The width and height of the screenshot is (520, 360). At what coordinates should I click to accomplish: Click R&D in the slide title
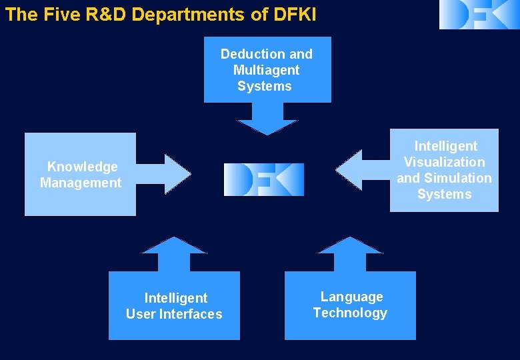click(x=107, y=15)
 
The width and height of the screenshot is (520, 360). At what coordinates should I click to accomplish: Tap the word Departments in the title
click(x=190, y=15)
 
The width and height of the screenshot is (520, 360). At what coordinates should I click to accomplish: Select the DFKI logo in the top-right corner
click(x=479, y=14)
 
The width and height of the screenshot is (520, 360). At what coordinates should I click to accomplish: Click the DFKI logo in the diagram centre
click(x=264, y=179)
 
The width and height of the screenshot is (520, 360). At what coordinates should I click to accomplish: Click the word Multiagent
click(x=267, y=70)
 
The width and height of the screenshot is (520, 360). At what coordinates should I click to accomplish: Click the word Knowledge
click(x=82, y=167)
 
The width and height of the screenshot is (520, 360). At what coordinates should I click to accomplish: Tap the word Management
click(x=81, y=183)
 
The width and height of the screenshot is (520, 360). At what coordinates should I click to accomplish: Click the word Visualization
click(x=445, y=162)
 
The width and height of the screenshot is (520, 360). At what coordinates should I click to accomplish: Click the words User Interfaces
click(x=174, y=314)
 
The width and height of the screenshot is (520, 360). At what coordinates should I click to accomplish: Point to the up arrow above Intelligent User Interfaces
click(x=175, y=253)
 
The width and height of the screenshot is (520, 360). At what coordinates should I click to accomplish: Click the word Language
click(x=352, y=297)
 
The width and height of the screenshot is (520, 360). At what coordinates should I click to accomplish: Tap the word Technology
click(x=350, y=313)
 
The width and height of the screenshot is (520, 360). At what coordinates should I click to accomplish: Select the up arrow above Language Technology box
click(x=350, y=253)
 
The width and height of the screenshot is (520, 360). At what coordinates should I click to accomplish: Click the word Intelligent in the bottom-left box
click(x=176, y=298)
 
